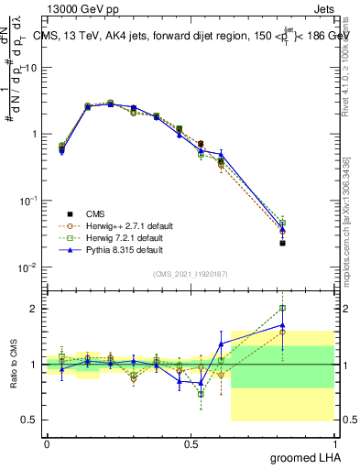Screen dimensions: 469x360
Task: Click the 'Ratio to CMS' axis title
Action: (x=12, y=365)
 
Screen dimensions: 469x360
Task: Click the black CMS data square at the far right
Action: (x=283, y=243)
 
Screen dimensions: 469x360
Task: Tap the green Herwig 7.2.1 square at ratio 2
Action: (x=283, y=309)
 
